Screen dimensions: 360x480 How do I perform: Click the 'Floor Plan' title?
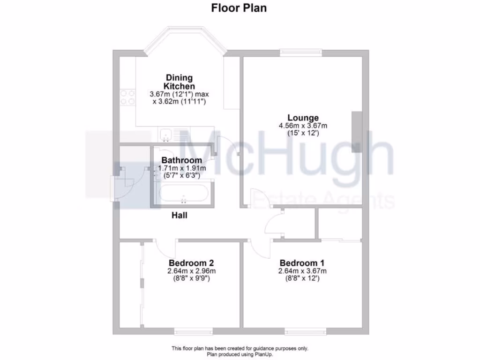tap(239, 8)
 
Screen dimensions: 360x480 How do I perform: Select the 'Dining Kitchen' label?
tap(179, 82)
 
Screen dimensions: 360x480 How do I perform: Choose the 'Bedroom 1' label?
tap(302, 263)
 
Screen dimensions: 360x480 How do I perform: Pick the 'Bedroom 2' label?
tap(192, 263)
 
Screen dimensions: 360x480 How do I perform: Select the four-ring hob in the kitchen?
tap(126, 97)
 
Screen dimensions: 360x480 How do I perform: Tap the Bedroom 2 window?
tap(191, 332)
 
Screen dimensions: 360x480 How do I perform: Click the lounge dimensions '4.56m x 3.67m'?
tap(303, 126)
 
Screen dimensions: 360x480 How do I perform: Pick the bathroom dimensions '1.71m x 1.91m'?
tap(182, 168)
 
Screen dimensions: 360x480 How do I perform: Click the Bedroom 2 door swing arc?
tap(164, 247)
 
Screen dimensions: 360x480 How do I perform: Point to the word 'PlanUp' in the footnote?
tap(263, 355)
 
